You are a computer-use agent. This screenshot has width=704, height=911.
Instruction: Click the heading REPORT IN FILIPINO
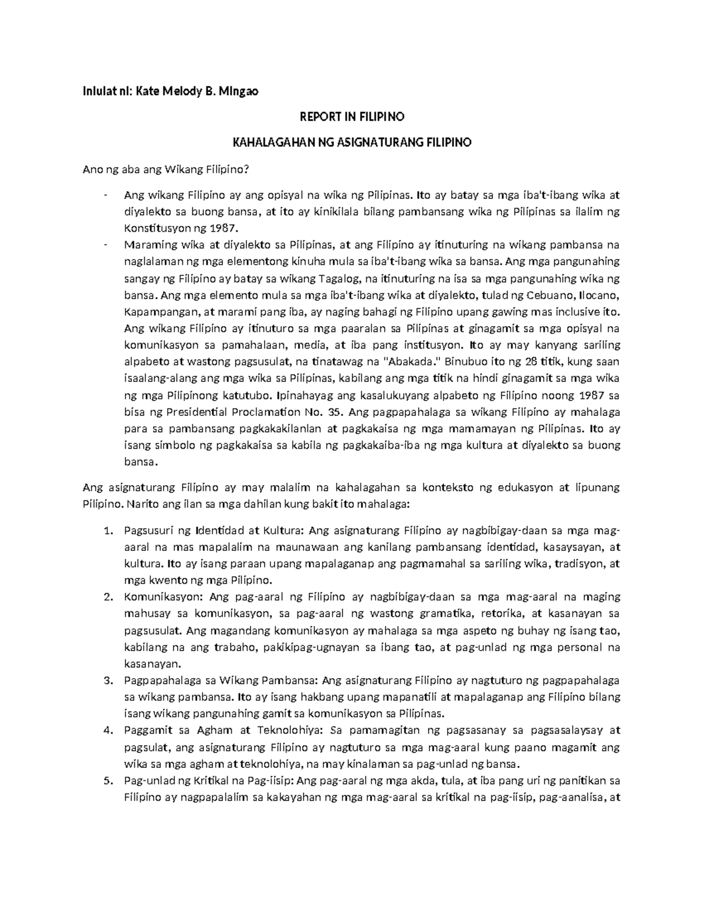pos(352,117)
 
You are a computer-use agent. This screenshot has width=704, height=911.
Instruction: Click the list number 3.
pos(107,681)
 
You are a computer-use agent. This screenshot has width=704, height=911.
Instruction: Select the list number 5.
pos(107,781)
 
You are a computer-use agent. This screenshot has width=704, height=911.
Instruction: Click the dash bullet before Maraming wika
pos(105,245)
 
